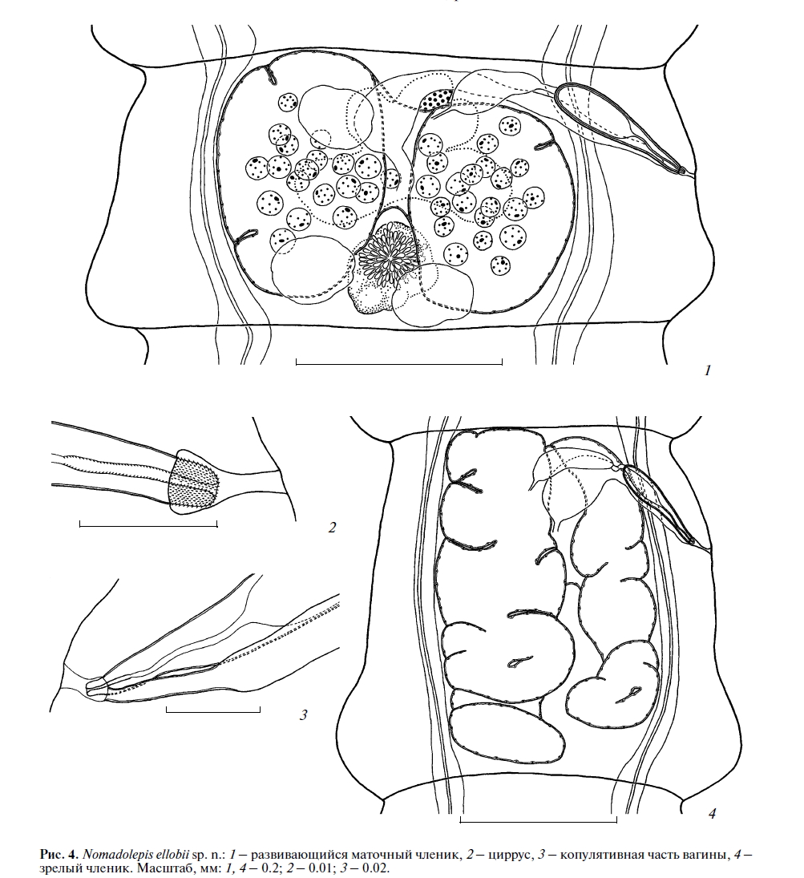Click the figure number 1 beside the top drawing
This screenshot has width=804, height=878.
pyautogui.click(x=708, y=370)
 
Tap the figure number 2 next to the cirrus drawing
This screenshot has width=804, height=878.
pyautogui.click(x=332, y=528)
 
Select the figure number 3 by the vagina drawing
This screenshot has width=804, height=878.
pyautogui.click(x=304, y=715)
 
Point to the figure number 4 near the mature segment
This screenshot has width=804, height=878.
pyautogui.click(x=712, y=814)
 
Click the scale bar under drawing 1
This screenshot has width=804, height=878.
pyautogui.click(x=398, y=362)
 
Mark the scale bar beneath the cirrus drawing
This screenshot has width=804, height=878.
pyautogui.click(x=148, y=524)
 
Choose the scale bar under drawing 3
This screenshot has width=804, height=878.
pyautogui.click(x=213, y=710)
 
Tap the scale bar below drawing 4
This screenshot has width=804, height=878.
pyautogui.click(x=538, y=820)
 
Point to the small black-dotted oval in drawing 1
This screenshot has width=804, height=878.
pyautogui.click(x=437, y=99)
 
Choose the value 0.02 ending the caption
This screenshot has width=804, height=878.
pyautogui.click(x=376, y=868)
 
